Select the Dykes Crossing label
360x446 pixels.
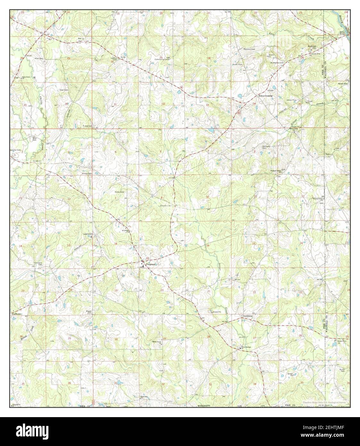(266, 96)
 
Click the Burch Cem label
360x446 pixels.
(342, 370)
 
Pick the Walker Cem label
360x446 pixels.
(343, 84)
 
